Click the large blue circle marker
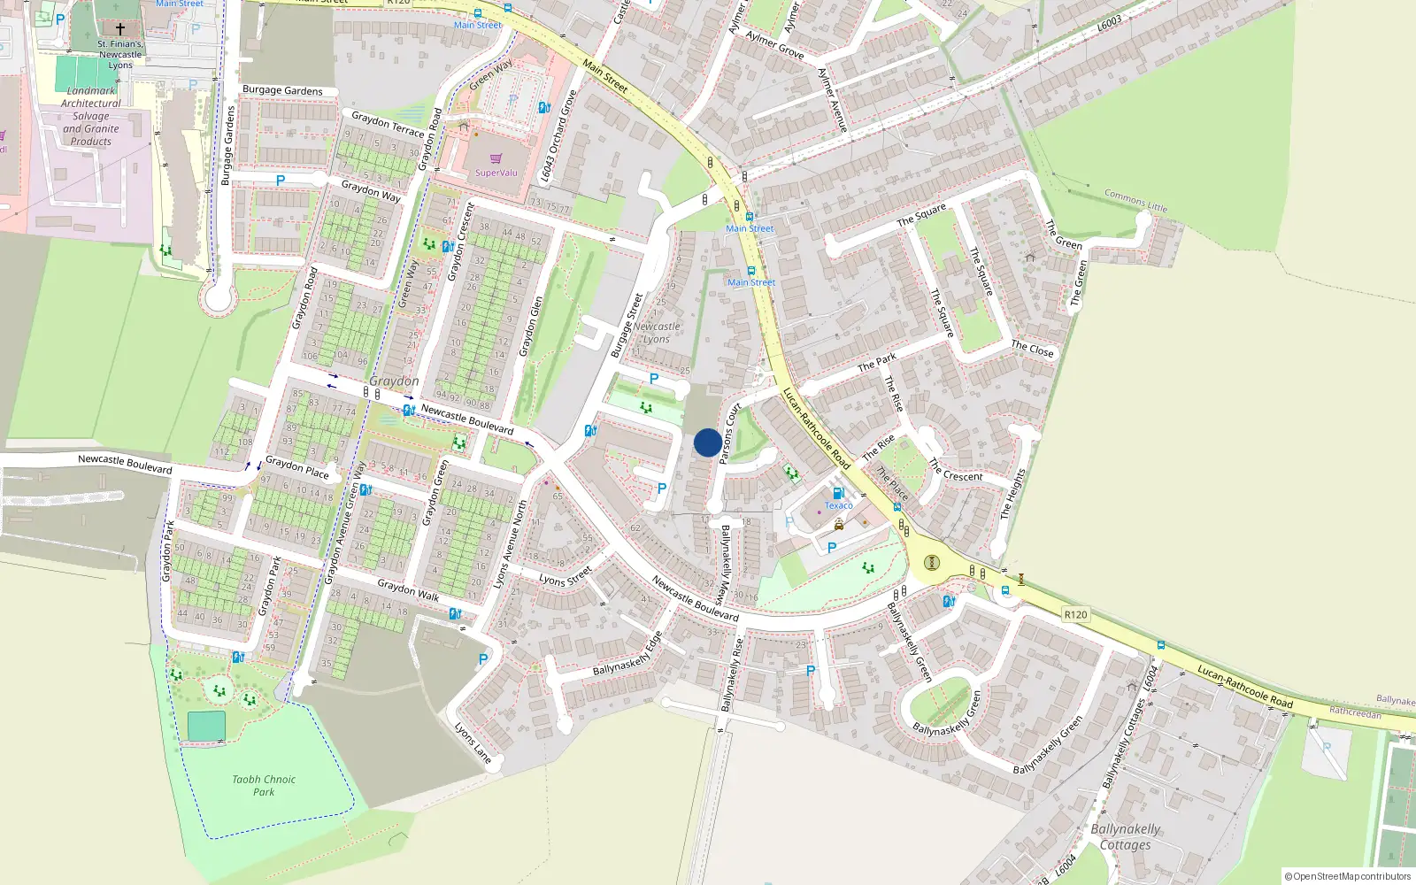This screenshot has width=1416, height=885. tap(707, 442)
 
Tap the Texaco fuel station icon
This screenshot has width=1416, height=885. tap(838, 493)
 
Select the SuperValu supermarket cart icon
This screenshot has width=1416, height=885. tap(496, 158)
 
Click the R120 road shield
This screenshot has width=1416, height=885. tap(1075, 614)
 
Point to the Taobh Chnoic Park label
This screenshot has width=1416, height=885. tap(264, 786)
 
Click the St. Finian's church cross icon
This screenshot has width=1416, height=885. tap(120, 29)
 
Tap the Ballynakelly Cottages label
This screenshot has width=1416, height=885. tap(1125, 836)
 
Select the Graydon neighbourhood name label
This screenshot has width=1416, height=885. tap(394, 381)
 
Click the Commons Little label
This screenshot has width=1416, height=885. tap(1135, 200)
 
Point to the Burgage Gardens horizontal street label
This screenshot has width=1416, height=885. tap(282, 90)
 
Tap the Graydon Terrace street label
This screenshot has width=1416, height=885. tap(388, 124)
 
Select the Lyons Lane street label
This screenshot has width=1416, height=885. tap(473, 743)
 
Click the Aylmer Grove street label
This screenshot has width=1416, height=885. tap(774, 45)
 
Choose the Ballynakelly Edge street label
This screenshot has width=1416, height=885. tap(627, 654)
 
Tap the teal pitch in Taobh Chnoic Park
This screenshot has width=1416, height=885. tap(206, 727)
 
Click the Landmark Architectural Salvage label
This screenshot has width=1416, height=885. tap(91, 116)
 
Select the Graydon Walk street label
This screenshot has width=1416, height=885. tap(408, 589)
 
